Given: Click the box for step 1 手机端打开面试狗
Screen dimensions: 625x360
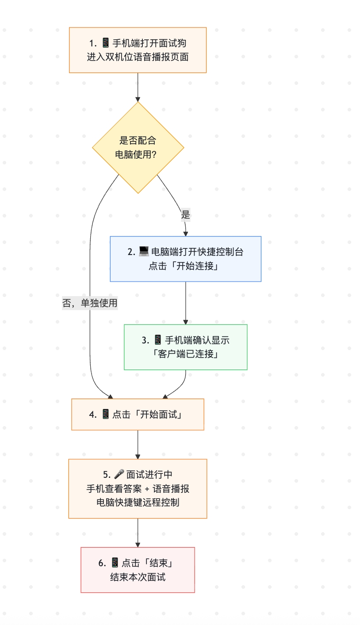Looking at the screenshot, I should pyautogui.click(x=138, y=50).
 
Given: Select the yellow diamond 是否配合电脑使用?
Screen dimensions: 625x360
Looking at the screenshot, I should pyautogui.click(x=138, y=148).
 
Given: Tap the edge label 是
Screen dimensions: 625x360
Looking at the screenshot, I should pyautogui.click(x=185, y=215).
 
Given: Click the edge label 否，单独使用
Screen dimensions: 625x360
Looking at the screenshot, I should pyautogui.click(x=90, y=303).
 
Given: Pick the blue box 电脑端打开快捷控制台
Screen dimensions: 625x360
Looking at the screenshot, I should pyautogui.click(x=185, y=259).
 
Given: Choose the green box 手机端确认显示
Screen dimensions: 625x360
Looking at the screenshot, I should pyautogui.click(x=185, y=347).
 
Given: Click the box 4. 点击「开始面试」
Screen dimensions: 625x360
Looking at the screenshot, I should pyautogui.click(x=138, y=414).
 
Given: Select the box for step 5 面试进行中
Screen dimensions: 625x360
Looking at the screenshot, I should pyautogui.click(x=138, y=488).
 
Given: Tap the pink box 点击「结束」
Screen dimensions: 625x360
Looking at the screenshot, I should pyautogui.click(x=138, y=570).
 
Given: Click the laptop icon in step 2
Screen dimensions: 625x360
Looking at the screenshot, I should pyautogui.click(x=144, y=252).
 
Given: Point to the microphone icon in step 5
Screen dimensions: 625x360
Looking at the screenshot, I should pyautogui.click(x=119, y=474).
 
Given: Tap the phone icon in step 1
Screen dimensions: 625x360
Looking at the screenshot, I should pyautogui.click(x=105, y=43).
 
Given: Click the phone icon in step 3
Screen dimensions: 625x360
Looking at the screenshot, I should pyautogui.click(x=158, y=340).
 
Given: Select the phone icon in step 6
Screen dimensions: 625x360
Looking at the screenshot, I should pyautogui.click(x=115, y=563).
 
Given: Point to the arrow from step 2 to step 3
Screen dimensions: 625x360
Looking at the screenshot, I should pyautogui.click(x=185, y=303).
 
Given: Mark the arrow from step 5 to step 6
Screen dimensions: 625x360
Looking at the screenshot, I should pyautogui.click(x=138, y=533).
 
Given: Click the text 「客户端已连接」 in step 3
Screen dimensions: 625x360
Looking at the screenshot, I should pyautogui.click(x=185, y=354).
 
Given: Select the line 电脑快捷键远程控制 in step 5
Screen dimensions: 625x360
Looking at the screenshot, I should pyautogui.click(x=138, y=503).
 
